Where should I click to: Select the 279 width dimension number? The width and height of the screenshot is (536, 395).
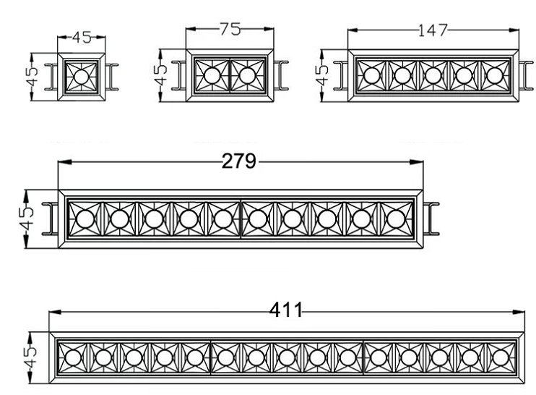[239, 161]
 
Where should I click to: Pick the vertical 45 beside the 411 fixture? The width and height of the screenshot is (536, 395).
[30, 355]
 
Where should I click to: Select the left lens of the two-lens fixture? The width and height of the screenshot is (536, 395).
[212, 75]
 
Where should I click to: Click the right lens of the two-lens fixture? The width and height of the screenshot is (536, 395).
[246, 75]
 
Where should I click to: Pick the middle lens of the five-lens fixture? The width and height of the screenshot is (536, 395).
[433, 75]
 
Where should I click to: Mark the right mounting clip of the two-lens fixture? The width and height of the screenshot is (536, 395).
[282, 75]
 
